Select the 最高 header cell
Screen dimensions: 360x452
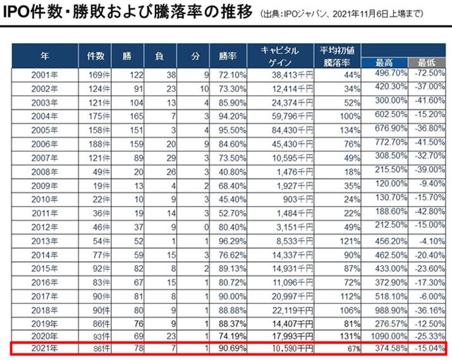point(381,61)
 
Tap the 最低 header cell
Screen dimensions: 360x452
point(424,61)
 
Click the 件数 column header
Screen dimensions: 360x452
point(95,56)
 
